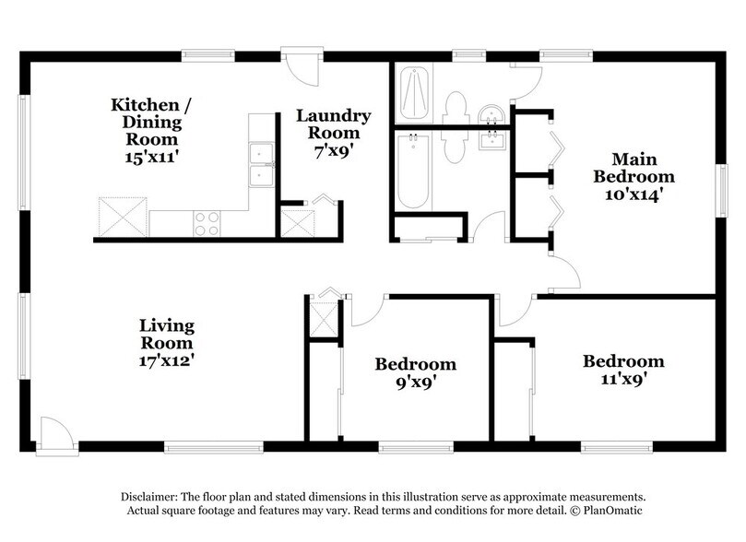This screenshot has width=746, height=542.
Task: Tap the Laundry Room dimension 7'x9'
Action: pyautogui.click(x=333, y=151)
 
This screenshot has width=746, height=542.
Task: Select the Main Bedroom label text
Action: pyautogui.click(x=634, y=166)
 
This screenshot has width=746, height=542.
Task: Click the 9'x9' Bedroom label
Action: pyautogui.click(x=415, y=373)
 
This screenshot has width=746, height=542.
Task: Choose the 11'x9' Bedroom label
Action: pyautogui.click(x=623, y=370)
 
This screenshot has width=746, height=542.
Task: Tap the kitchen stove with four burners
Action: pyautogui.click(x=207, y=222)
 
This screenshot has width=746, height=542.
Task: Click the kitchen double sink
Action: pyautogui.click(x=262, y=162)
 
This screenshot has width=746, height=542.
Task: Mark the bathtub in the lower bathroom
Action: pyautogui.click(x=412, y=171)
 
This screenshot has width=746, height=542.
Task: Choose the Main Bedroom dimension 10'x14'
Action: pyautogui.click(x=634, y=194)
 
